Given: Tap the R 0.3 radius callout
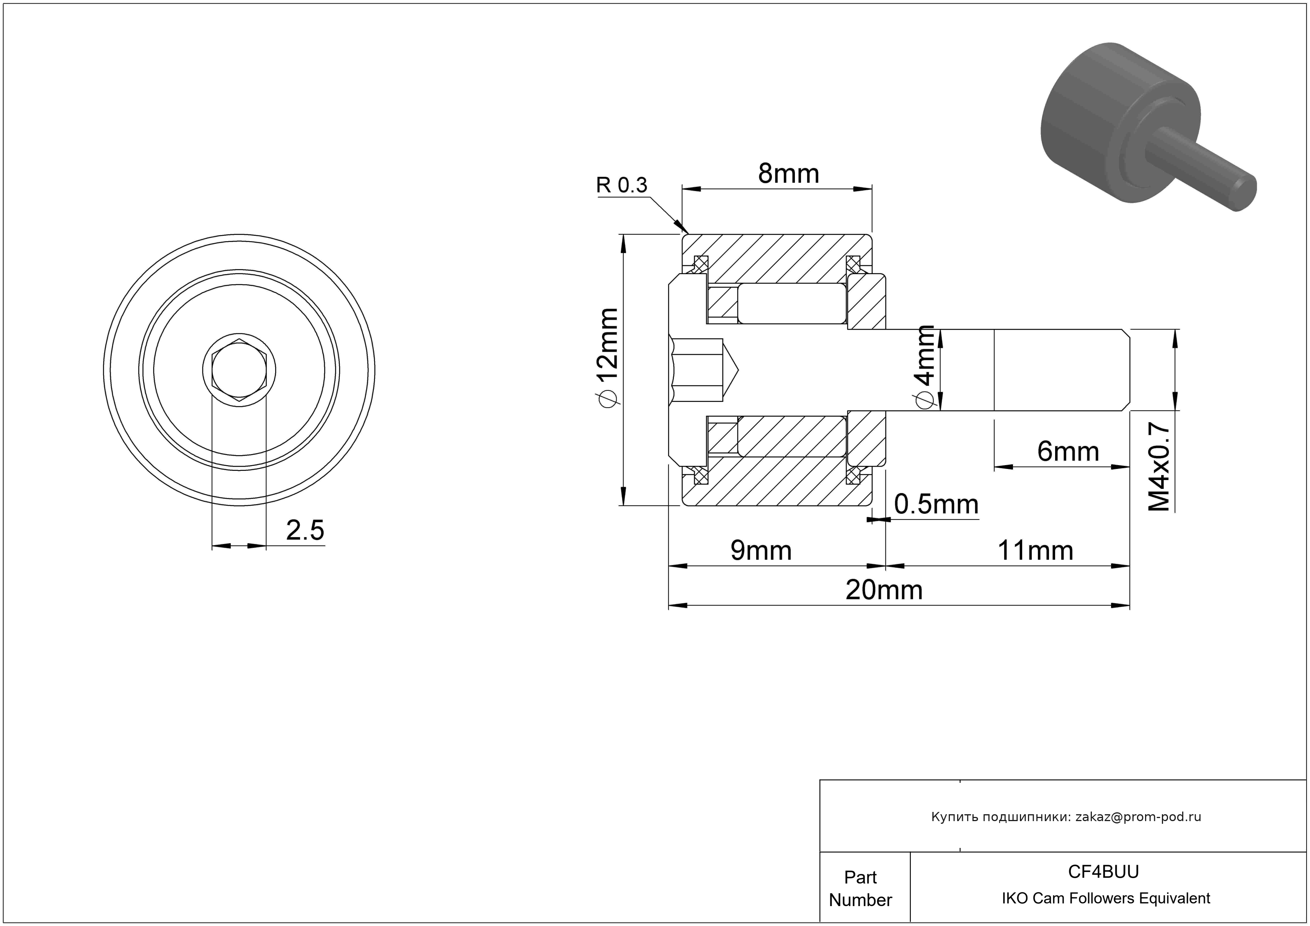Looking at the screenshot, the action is click(622, 185).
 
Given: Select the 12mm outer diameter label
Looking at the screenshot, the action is click(606, 358).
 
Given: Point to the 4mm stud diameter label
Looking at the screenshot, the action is click(924, 367).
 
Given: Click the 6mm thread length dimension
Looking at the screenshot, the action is click(1067, 452).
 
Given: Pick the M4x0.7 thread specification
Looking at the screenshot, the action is click(1159, 467).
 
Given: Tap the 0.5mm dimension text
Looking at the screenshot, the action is click(936, 505).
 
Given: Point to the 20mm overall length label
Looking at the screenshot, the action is click(884, 590).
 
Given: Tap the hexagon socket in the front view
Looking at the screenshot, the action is click(239, 370).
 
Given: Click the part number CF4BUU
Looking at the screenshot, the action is click(1103, 872).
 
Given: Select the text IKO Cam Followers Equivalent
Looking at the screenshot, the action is click(1106, 898).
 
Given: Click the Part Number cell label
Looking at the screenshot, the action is click(860, 888).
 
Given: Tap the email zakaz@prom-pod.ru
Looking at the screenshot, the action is click(1138, 817).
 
